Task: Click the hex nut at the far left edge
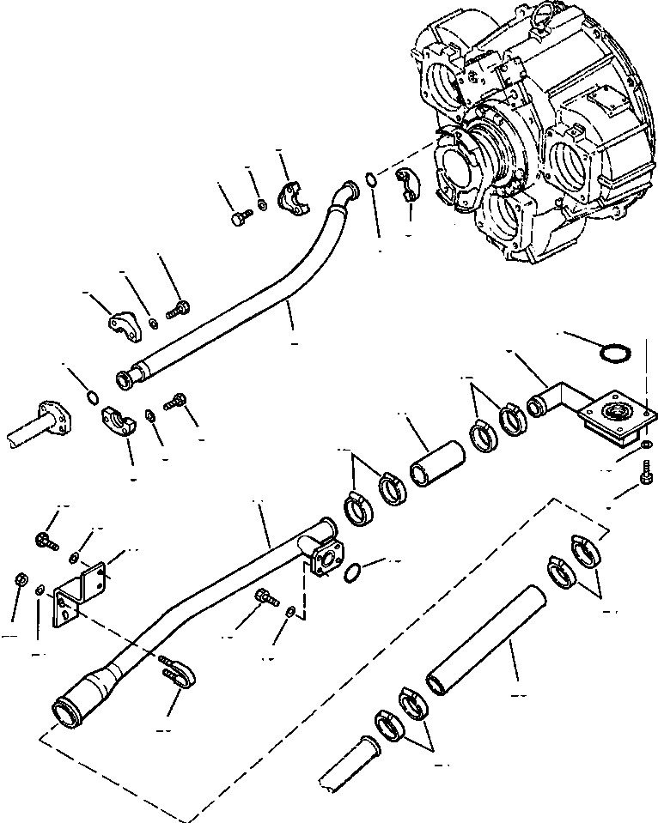coord(20,581)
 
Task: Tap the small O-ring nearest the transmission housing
coord(369,180)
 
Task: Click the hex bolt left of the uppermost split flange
coord(238,218)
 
